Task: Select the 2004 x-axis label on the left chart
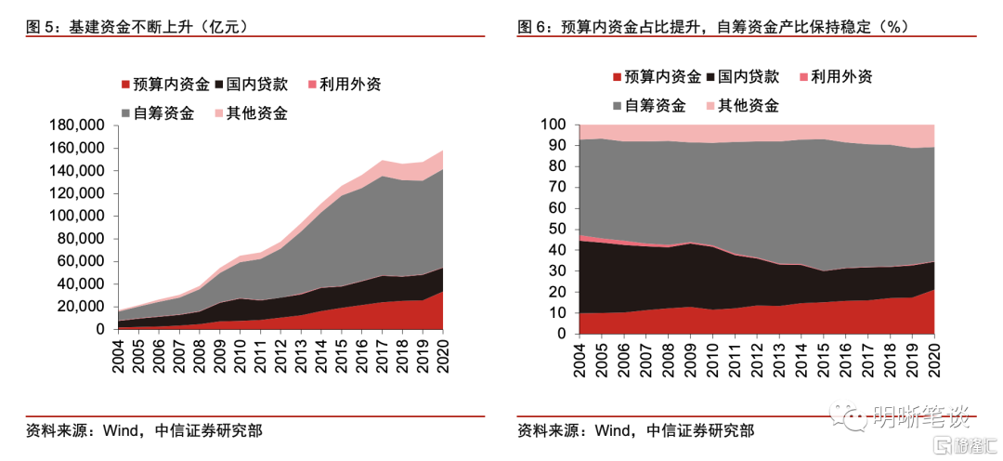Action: click(x=119, y=353)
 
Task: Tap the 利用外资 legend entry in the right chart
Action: click(x=840, y=77)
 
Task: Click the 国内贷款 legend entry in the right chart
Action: click(x=748, y=77)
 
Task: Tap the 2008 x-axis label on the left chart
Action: click(x=200, y=353)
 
